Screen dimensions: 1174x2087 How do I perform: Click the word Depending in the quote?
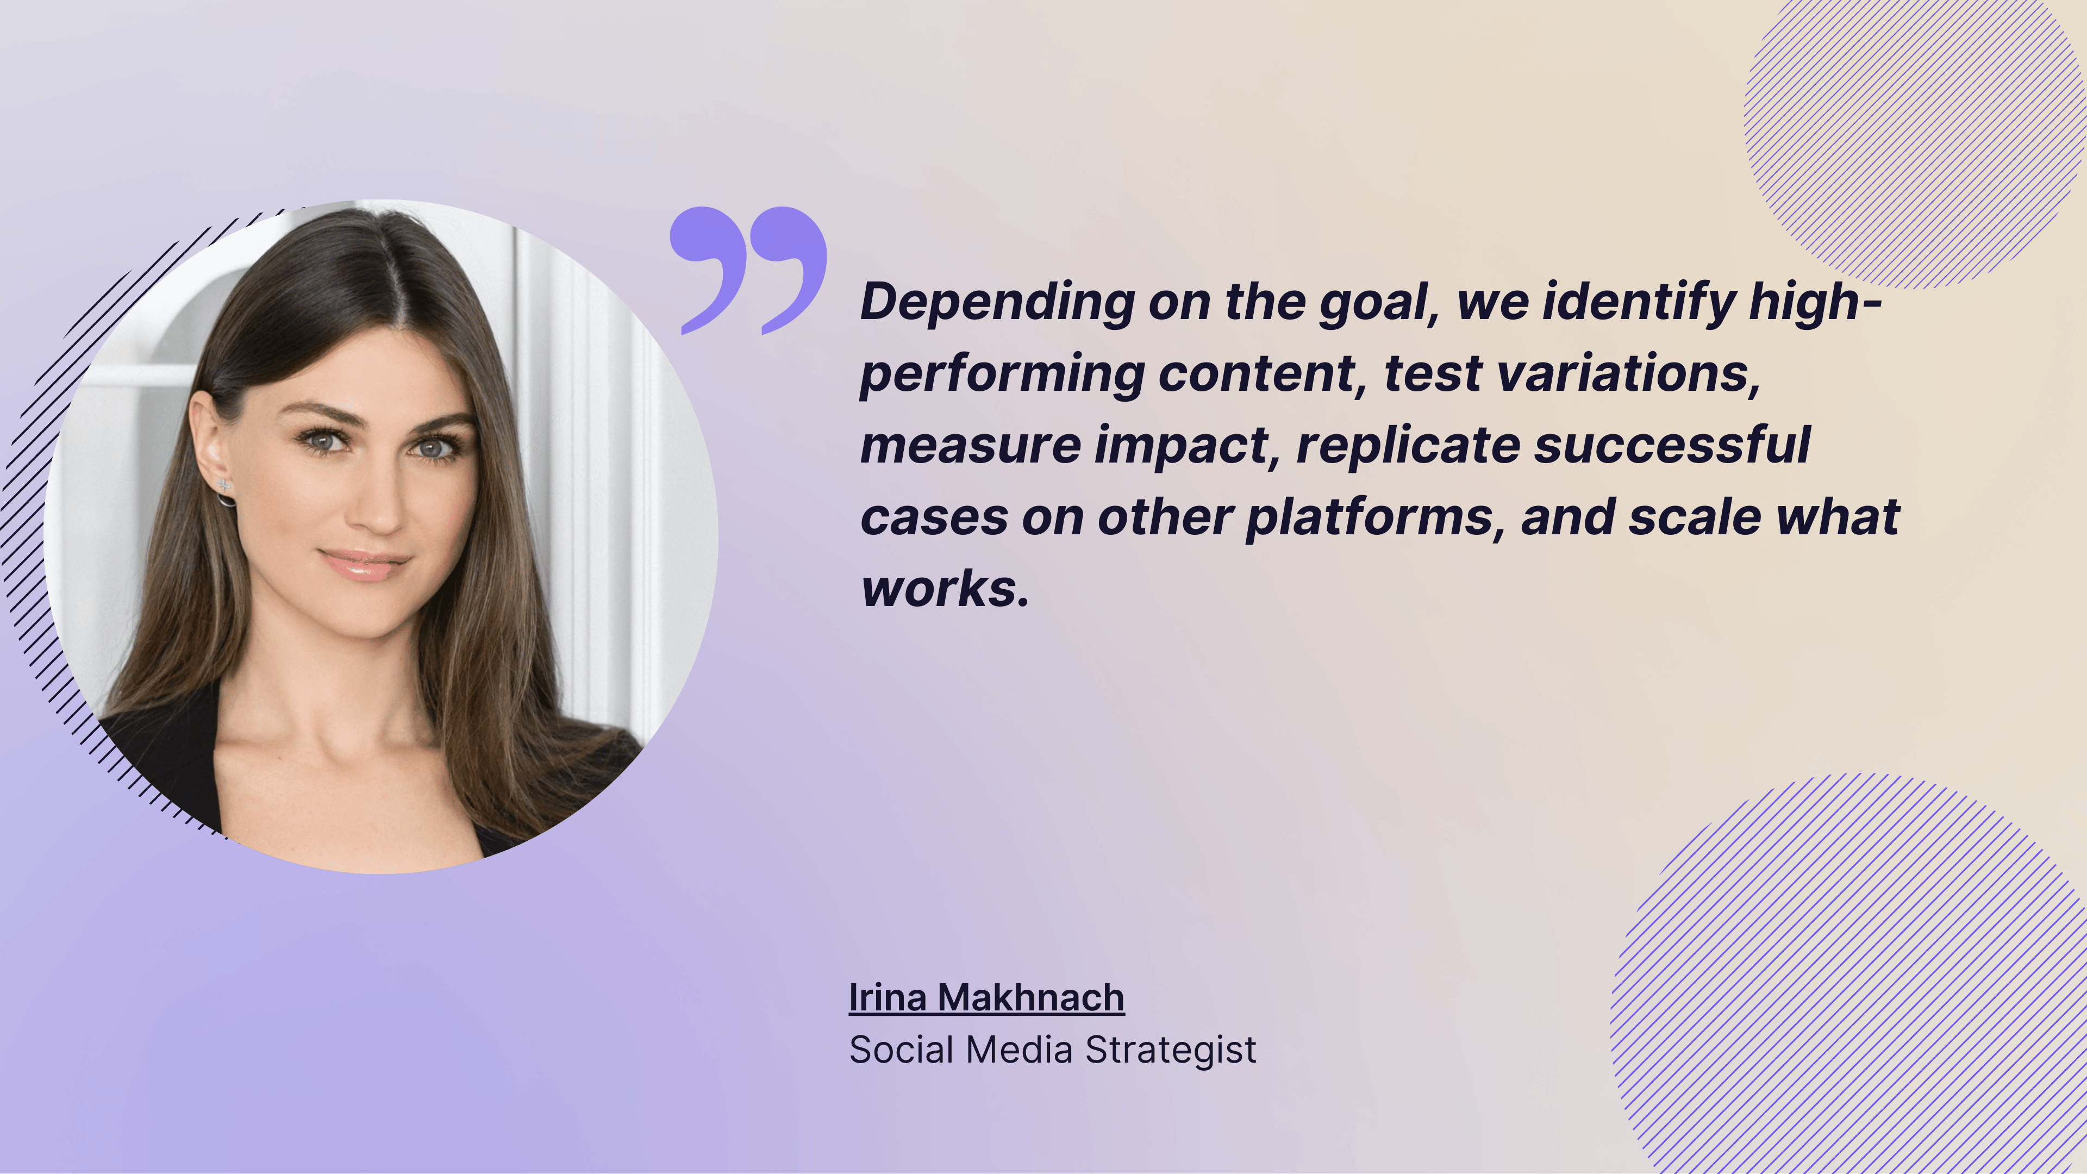click(997, 302)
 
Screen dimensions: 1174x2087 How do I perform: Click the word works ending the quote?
click(944, 589)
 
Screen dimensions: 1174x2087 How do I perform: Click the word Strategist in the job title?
click(1171, 1050)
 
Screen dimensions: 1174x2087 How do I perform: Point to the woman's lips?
click(365, 565)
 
